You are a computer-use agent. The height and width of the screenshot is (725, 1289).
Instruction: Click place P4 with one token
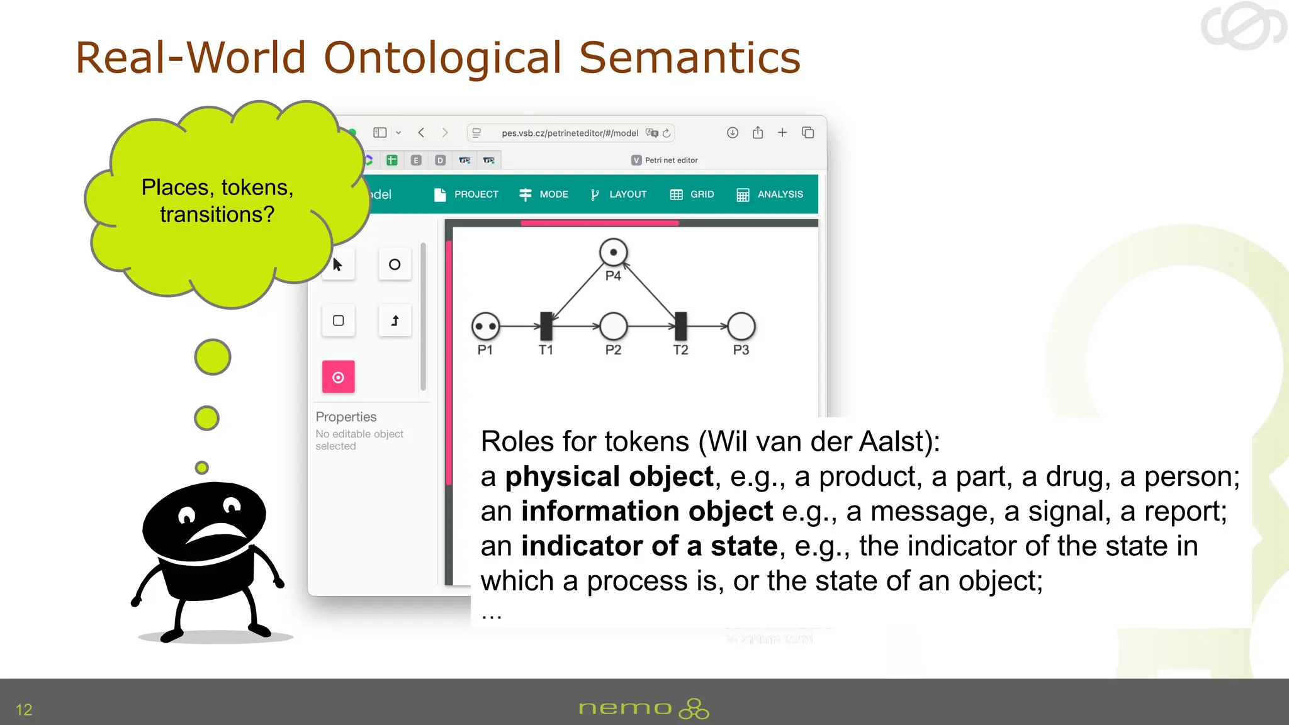tap(613, 252)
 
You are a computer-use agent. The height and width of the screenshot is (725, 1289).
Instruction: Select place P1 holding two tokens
tap(485, 326)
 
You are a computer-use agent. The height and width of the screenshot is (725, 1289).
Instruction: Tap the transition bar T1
tap(546, 326)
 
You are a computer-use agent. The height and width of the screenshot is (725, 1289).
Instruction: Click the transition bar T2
tap(680, 326)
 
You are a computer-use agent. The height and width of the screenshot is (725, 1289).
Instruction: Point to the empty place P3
tap(741, 326)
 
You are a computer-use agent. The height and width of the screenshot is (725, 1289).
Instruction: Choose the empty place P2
tap(613, 326)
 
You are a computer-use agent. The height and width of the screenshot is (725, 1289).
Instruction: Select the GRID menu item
tap(692, 194)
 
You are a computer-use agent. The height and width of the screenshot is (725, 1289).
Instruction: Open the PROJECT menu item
tap(466, 194)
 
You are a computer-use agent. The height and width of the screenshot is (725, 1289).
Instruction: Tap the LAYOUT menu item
tap(619, 194)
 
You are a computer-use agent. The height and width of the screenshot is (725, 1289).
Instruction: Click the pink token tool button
tap(339, 377)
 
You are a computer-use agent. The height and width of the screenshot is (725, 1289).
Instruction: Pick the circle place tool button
tap(395, 264)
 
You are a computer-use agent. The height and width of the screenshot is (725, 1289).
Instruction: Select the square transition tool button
tap(339, 320)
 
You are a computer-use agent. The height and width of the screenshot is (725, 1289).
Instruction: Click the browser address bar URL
tap(570, 133)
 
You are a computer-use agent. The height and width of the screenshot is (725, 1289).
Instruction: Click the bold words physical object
tap(609, 476)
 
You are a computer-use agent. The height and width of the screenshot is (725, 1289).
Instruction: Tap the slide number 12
tap(24, 709)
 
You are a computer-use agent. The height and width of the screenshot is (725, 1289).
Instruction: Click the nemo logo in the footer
tap(643, 709)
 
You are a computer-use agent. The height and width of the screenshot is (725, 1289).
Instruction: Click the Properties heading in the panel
tap(346, 417)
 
